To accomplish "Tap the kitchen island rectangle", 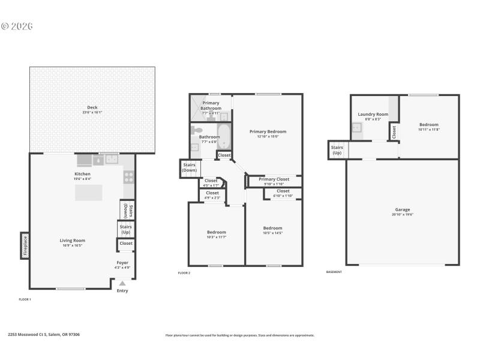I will (x=88, y=193).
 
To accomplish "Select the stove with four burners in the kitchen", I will (x=128, y=176).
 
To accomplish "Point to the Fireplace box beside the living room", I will (x=25, y=245).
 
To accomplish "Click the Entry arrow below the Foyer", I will (x=122, y=283).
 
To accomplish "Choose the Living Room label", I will (x=74, y=241).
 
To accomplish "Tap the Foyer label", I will (x=122, y=262).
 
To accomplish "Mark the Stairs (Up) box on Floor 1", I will (x=125, y=229).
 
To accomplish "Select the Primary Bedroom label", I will (x=268, y=131).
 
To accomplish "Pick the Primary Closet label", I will (x=274, y=179).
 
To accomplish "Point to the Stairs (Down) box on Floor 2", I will (x=190, y=167).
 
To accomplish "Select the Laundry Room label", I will (x=373, y=114).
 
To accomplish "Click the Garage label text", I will (x=402, y=211).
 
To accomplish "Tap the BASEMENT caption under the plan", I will (x=334, y=272).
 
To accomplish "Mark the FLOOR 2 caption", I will (x=184, y=273).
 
